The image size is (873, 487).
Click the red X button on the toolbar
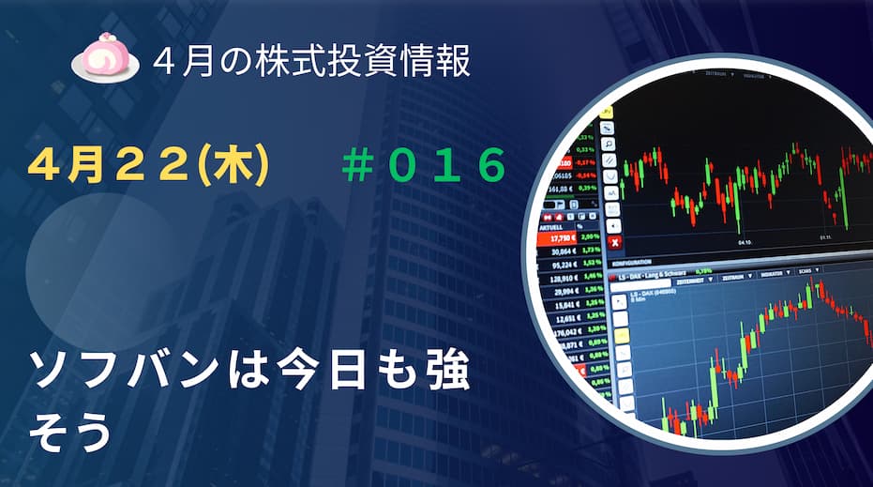613,242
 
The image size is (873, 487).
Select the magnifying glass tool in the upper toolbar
610,145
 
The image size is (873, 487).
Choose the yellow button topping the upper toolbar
607,112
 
